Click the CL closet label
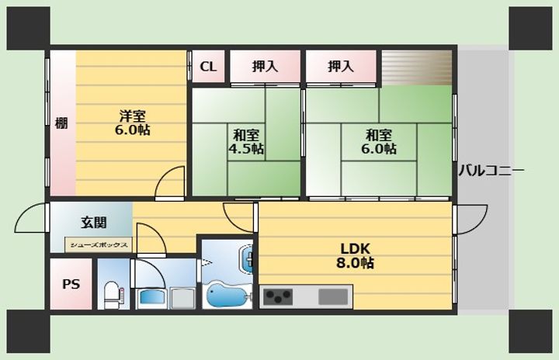pyautogui.click(x=208, y=67)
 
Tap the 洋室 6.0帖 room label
pyautogui.click(x=132, y=123)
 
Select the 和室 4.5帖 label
pyautogui.click(x=246, y=141)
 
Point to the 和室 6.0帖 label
pyautogui.click(x=379, y=141)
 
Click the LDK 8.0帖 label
pyautogui.click(x=355, y=255)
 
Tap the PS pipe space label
pyautogui.click(x=71, y=284)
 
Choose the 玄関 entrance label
pyautogui.click(x=94, y=223)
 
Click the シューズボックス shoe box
pyautogui.click(x=99, y=245)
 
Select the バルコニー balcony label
pyautogui.click(x=491, y=171)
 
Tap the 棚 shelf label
pyautogui.click(x=61, y=123)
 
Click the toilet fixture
pyautogui.click(x=113, y=294)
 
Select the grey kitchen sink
pyautogui.click(x=333, y=297)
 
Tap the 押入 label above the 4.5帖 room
pyautogui.click(x=265, y=67)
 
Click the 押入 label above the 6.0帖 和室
pyautogui.click(x=341, y=67)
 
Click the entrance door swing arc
pyautogui.click(x=22, y=215)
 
